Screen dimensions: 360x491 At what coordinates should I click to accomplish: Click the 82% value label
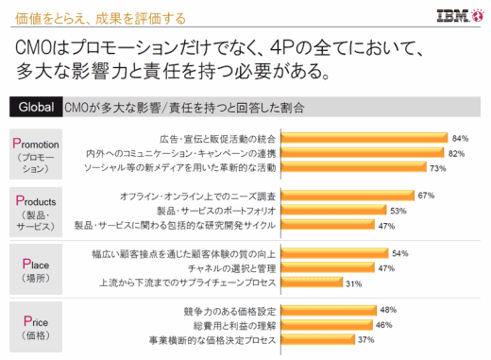[x=458, y=153]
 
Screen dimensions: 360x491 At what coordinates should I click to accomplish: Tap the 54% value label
[x=399, y=253]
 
